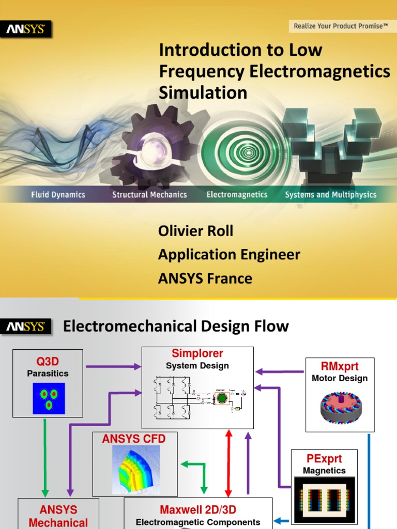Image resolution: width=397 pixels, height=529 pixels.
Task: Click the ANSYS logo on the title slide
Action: tap(29, 29)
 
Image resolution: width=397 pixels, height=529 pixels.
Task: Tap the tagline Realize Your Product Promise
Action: tap(341, 25)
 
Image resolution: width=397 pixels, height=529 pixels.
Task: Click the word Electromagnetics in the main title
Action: tap(320, 71)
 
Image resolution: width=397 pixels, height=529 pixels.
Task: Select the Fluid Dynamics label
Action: tap(58, 195)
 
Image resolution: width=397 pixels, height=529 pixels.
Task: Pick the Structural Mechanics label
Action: tap(149, 195)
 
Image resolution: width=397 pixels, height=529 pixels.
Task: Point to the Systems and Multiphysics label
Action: tap(330, 195)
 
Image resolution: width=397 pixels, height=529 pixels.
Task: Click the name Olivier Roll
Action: tap(195, 231)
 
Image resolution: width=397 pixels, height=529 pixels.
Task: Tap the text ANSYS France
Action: tap(205, 278)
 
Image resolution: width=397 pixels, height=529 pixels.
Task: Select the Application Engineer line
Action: tap(229, 255)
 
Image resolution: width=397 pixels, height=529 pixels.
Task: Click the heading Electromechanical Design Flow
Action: tap(176, 326)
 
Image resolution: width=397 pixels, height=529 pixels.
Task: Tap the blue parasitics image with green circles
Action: tap(48, 398)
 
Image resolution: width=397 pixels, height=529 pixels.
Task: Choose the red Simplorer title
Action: tap(197, 354)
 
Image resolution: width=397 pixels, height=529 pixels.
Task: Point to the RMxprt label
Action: tap(340, 367)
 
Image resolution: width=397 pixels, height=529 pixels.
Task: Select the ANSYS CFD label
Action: tap(134, 439)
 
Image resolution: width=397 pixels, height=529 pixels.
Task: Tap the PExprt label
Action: tap(324, 459)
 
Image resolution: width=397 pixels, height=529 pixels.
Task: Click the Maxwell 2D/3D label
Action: tap(198, 509)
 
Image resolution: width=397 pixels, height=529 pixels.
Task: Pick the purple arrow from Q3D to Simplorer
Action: tap(113, 367)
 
